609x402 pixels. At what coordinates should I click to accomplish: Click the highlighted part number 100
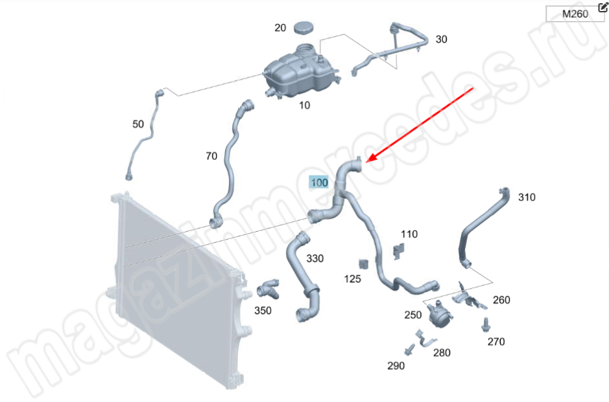[320, 183]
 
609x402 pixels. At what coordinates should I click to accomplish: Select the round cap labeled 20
[303, 28]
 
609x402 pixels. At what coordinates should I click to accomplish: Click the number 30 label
[441, 39]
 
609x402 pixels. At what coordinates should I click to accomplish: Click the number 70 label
[211, 156]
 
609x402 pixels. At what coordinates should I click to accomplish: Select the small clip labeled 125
[364, 263]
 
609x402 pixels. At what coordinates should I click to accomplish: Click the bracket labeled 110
[400, 249]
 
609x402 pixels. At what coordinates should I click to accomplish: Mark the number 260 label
[501, 300]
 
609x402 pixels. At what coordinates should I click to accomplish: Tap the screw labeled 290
[409, 351]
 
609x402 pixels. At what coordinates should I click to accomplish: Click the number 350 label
[263, 311]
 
